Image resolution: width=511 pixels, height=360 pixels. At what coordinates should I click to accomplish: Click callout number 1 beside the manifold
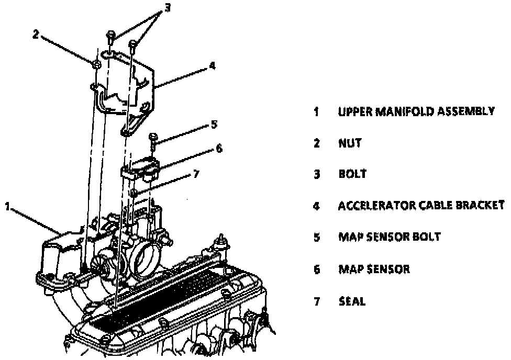point(7,206)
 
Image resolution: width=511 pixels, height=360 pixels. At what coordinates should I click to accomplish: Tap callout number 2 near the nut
point(36,35)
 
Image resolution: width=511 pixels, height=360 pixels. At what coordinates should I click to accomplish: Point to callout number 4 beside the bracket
point(211,66)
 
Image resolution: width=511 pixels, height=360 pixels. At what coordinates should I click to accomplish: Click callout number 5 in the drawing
point(214,125)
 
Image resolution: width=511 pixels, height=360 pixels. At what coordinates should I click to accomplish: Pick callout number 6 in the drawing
point(219,148)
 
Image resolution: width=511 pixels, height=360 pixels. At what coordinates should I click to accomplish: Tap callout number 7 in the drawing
point(196,174)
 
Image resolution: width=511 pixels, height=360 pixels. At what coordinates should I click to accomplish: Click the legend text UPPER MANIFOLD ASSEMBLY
point(416,111)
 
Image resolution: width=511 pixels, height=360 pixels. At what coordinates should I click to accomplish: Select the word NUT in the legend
point(350,143)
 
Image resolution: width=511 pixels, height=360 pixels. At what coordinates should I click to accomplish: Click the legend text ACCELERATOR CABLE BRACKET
point(421,206)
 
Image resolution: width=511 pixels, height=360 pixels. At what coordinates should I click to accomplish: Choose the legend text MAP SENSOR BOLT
point(389,237)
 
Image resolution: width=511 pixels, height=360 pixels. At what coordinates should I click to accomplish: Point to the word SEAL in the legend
point(352,301)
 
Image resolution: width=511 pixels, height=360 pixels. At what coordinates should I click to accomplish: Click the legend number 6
point(317,269)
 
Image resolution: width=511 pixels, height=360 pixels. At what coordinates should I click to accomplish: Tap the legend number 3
point(317,174)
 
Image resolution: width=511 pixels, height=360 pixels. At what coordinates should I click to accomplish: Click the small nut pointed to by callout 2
point(97,64)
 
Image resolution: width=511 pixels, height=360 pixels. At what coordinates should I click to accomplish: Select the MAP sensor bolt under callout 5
point(153,138)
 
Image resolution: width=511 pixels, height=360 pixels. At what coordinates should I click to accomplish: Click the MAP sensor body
point(141,168)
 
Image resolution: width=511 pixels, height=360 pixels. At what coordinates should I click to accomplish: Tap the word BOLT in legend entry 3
point(352,174)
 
